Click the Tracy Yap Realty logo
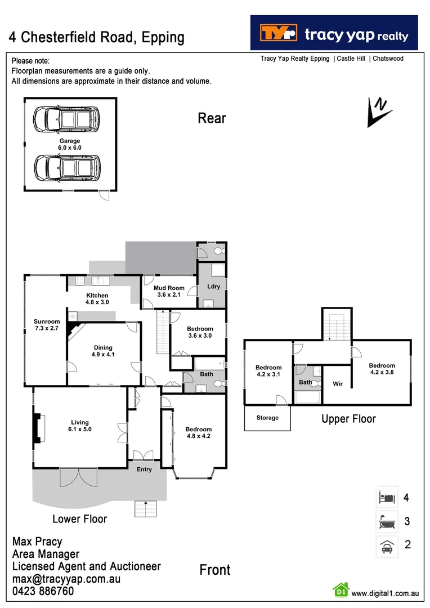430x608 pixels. [334, 33]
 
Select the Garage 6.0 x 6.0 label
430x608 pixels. [70, 144]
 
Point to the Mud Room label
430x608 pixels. [169, 291]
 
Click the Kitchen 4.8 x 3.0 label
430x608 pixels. [97, 299]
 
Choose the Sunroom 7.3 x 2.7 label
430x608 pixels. [47, 325]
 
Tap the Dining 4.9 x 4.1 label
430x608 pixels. [103, 351]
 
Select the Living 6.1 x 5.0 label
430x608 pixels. [80, 426]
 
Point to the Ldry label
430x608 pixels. [213, 286]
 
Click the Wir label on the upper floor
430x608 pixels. [338, 385]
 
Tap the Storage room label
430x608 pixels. [267, 418]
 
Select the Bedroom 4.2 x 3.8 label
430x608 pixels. [382, 369]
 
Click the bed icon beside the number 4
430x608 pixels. [387, 498]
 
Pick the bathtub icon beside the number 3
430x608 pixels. [387, 521]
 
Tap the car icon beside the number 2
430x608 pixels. [387, 545]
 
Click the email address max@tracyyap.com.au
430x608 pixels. [66, 579]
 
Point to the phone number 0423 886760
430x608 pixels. [43, 592]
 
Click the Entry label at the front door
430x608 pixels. [145, 470]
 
